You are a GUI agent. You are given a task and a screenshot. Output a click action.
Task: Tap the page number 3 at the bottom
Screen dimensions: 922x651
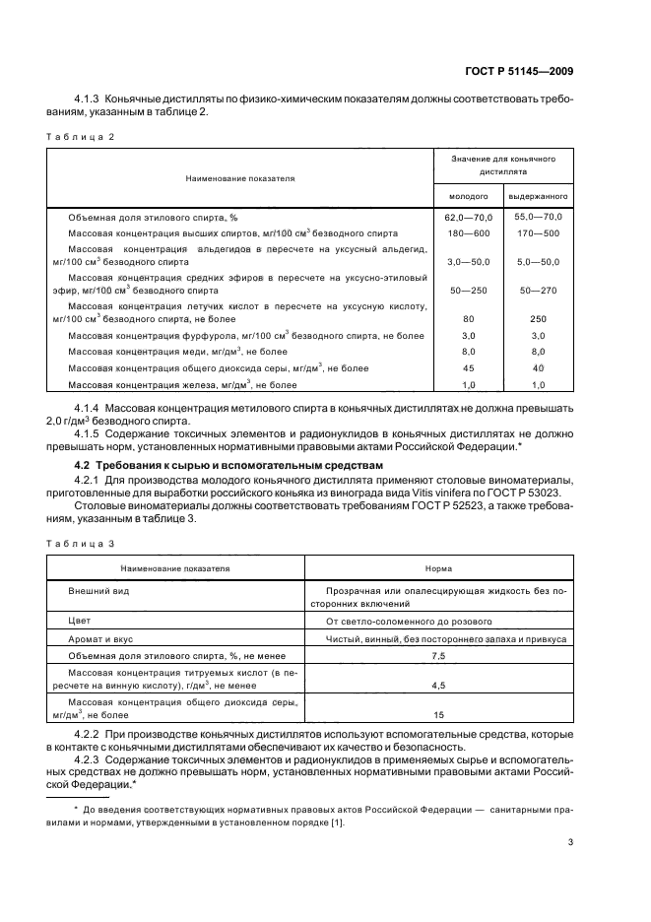click(x=571, y=842)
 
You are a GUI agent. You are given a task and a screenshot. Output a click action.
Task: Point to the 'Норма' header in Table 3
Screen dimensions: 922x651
click(x=438, y=568)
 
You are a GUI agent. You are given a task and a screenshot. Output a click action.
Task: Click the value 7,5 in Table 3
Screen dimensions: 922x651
click(x=438, y=655)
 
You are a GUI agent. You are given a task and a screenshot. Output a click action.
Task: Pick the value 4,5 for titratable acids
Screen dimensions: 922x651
click(x=438, y=684)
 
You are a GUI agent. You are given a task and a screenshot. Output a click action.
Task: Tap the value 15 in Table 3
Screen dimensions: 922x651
click(x=438, y=715)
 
